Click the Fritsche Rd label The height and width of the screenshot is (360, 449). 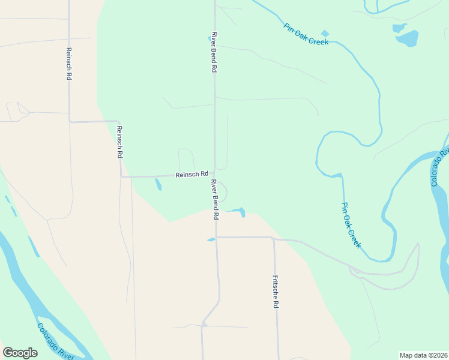click(276, 292)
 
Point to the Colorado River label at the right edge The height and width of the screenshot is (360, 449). click(440, 167)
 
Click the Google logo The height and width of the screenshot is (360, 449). click(20, 353)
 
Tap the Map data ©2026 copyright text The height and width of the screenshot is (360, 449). click(423, 355)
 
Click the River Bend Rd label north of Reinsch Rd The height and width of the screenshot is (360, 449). click(213, 52)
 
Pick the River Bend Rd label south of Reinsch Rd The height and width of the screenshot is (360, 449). click(214, 199)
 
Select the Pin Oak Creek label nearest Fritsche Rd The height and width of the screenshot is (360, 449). click(351, 225)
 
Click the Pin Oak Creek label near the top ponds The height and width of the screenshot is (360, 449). click(306, 35)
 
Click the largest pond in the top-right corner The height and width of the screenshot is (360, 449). click(407, 38)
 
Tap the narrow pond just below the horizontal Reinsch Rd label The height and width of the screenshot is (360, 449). click(158, 184)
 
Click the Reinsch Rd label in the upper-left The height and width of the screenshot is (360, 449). click(69, 64)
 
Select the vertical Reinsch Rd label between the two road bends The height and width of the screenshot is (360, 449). click(119, 142)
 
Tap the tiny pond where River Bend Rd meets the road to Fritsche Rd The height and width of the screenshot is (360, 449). click(211, 239)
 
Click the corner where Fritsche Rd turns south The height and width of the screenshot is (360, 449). click(274, 238)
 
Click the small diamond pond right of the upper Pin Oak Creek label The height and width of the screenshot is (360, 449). click(325, 33)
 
